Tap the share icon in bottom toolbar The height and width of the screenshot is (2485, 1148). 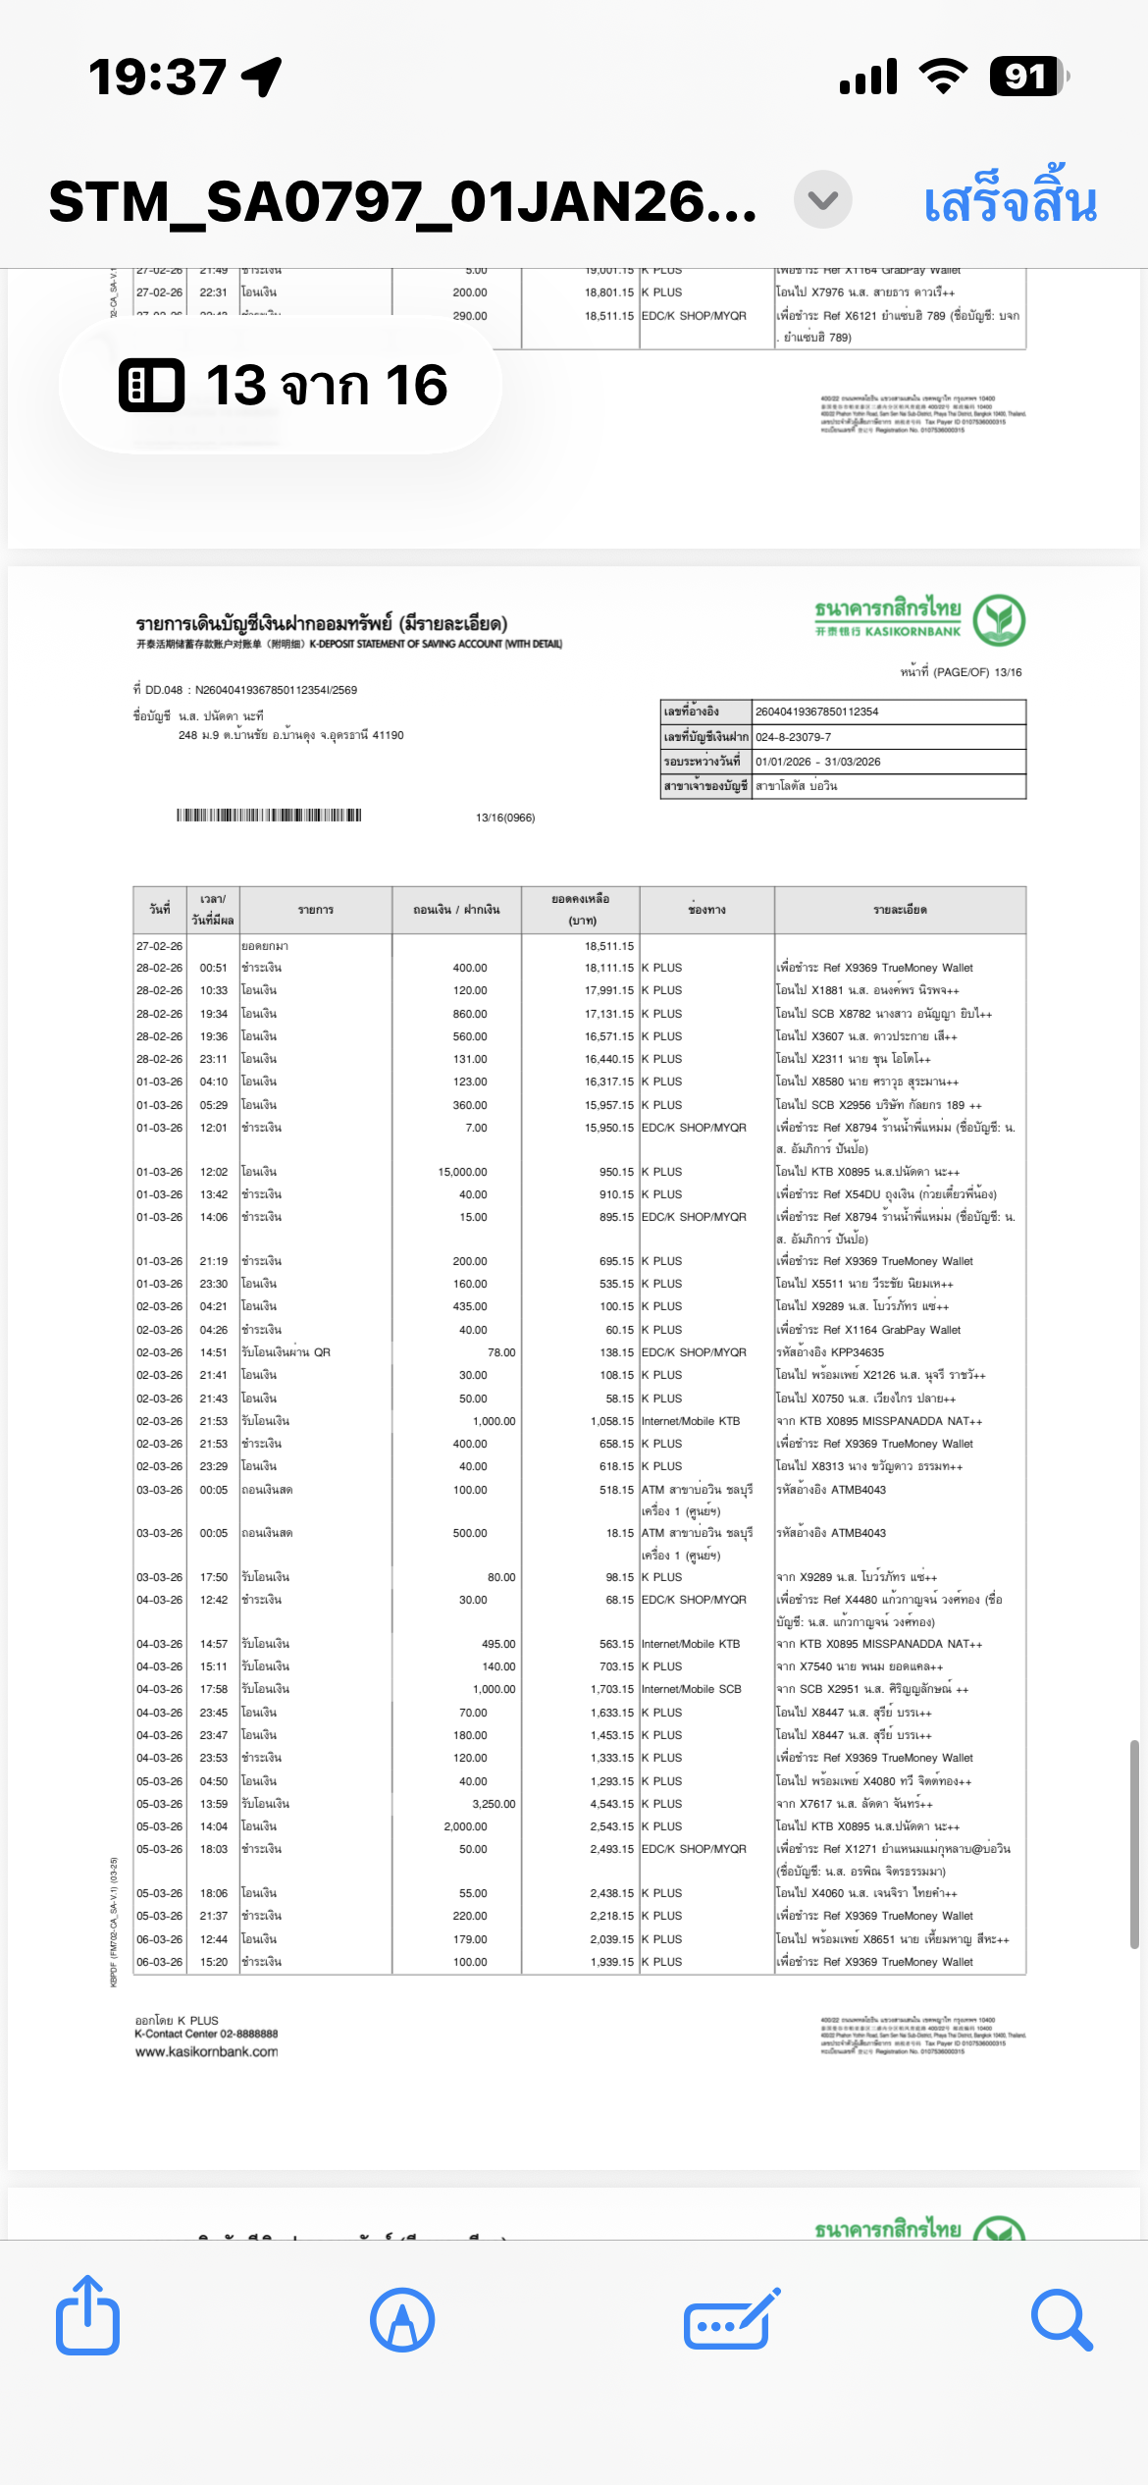click(x=87, y=2319)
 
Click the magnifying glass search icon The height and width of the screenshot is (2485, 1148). click(x=1061, y=2321)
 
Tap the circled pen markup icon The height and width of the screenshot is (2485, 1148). click(x=402, y=2321)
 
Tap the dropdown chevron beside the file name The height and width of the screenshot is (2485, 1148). click(x=822, y=200)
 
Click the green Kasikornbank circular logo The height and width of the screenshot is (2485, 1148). click(x=999, y=620)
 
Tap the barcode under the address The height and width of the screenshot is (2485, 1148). click(x=269, y=816)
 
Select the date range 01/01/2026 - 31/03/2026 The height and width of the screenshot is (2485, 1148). click(x=817, y=762)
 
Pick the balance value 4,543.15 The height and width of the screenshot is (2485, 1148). click(x=611, y=1804)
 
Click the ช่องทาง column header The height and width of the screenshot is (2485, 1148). click(x=706, y=910)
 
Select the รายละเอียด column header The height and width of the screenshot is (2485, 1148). click(x=900, y=910)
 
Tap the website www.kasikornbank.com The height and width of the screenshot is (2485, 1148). click(x=206, y=2051)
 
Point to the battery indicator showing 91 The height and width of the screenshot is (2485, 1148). click(x=1027, y=77)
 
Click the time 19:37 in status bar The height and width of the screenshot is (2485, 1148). click(x=157, y=77)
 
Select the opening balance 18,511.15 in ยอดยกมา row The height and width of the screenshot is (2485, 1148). click(x=609, y=946)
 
